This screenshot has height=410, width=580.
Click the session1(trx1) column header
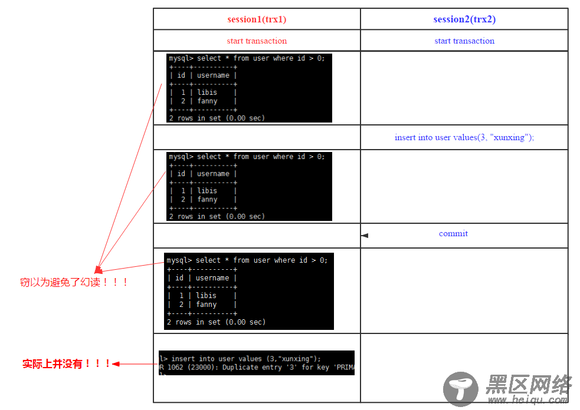[257, 19]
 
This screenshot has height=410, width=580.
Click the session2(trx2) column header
[464, 19]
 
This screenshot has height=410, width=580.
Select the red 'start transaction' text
[257, 41]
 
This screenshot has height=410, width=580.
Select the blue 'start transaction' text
[464, 41]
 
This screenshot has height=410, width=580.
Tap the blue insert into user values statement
[464, 137]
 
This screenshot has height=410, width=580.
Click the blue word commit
[453, 234]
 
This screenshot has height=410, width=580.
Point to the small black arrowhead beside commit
[365, 236]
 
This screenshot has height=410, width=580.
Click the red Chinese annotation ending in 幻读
[74, 282]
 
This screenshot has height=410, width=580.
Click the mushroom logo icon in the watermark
[461, 389]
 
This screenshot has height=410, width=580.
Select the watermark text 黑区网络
[528, 386]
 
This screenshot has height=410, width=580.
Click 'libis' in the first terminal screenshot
[207, 92]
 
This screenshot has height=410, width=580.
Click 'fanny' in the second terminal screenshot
[207, 200]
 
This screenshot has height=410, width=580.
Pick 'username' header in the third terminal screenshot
[212, 278]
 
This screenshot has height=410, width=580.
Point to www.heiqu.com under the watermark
[528, 400]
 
